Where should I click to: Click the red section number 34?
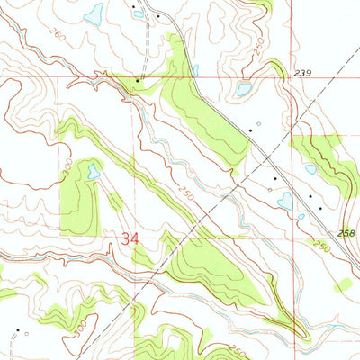pos(130,239)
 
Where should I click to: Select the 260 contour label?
pos(57,34)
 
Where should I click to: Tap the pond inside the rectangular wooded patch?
pos(92,169)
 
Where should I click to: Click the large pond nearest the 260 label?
pos(92,13)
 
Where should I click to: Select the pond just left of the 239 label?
pos(242,89)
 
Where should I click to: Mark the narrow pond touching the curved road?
pos(194,70)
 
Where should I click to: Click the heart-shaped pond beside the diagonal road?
pos(285,201)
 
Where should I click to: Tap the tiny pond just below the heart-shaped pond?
pos(301,216)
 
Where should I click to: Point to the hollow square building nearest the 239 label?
pos(257,123)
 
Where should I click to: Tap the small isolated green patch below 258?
pos(343,285)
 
